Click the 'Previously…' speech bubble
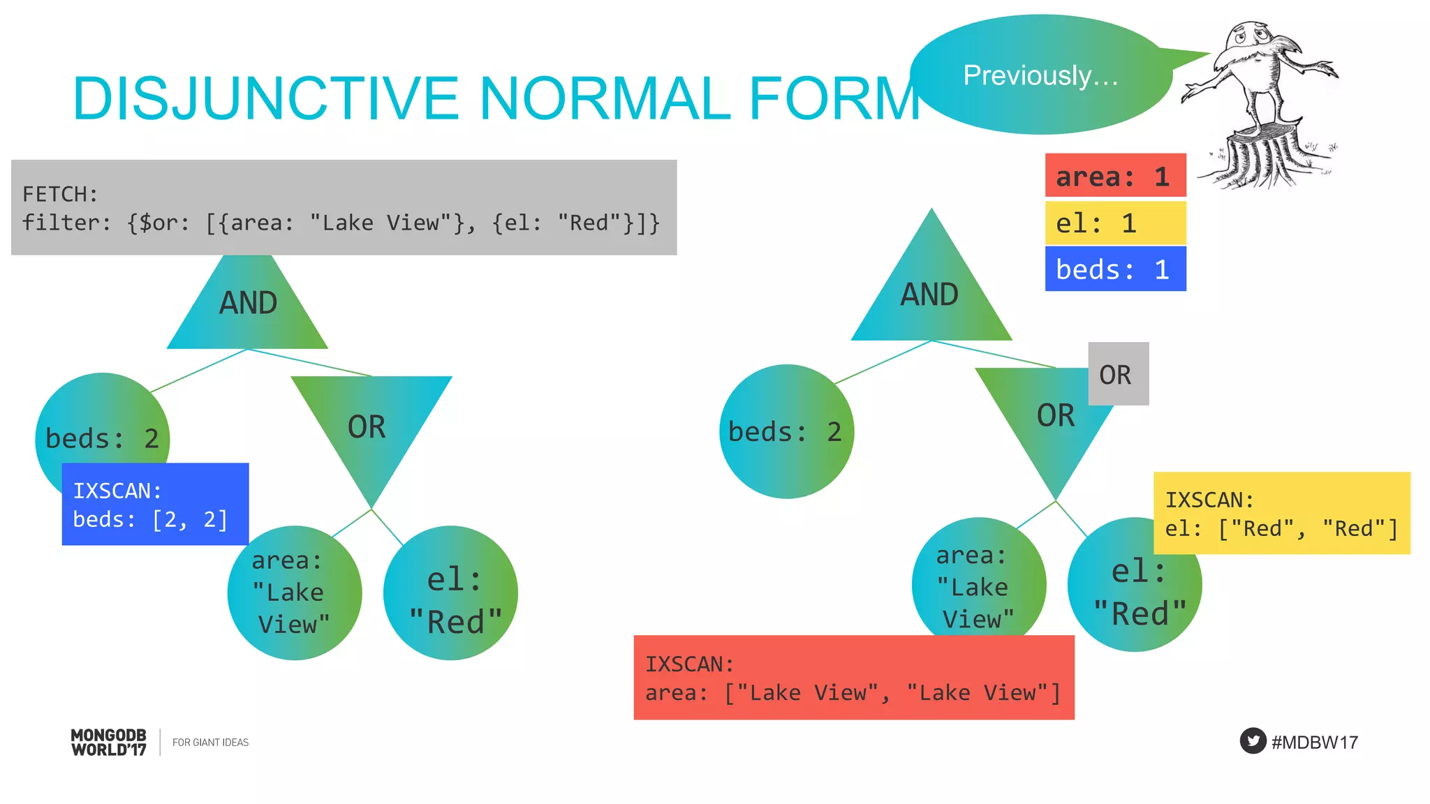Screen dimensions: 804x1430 [1040, 75]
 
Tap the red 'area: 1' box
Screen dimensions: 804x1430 [1115, 176]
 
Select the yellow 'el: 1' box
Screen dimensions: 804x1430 [1115, 223]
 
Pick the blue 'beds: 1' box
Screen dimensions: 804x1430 [1115, 269]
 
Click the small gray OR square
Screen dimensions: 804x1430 [1118, 374]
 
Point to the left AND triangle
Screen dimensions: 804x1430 [248, 307]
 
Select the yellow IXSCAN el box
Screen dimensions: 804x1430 [1281, 514]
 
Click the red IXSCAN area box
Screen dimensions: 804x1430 [853, 677]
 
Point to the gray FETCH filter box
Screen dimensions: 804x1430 [344, 207]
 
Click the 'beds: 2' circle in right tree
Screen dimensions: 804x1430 [786, 431]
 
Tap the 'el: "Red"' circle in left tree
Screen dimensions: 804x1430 [452, 593]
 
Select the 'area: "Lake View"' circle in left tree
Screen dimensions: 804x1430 [294, 593]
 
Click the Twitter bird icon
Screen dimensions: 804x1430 [1253, 740]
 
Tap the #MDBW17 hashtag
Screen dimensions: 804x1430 [1315, 742]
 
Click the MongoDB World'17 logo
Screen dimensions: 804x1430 [109, 742]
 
